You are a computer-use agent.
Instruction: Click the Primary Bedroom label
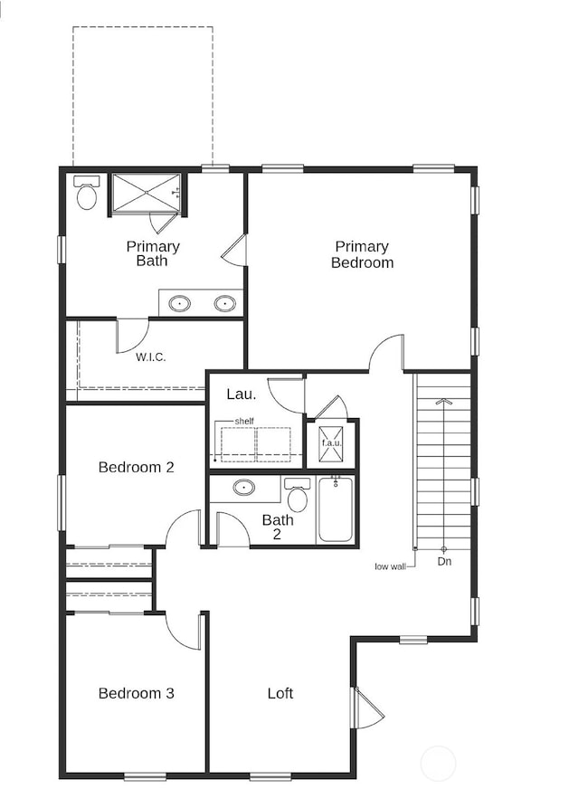pyautogui.click(x=362, y=254)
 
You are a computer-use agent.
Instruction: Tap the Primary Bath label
pyautogui.click(x=153, y=254)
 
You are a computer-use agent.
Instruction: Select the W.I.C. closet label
pyautogui.click(x=151, y=356)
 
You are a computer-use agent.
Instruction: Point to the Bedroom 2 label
pyautogui.click(x=136, y=468)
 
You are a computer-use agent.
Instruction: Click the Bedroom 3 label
pyautogui.click(x=136, y=693)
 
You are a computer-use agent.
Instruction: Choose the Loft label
pyautogui.click(x=280, y=693)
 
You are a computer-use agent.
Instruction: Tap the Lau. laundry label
pyautogui.click(x=241, y=394)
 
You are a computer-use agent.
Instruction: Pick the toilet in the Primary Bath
pyautogui.click(x=87, y=194)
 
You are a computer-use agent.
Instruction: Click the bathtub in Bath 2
pyautogui.click(x=337, y=510)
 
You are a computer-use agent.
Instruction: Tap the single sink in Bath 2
pyautogui.click(x=244, y=488)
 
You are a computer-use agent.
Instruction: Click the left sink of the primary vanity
pyautogui.click(x=180, y=303)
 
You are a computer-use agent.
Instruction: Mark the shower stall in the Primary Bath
pyautogui.click(x=145, y=192)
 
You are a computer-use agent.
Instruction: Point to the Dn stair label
pyautogui.click(x=444, y=561)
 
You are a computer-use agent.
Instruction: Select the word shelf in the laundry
pyautogui.click(x=244, y=422)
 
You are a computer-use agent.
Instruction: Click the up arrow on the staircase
pyautogui.click(x=443, y=400)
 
